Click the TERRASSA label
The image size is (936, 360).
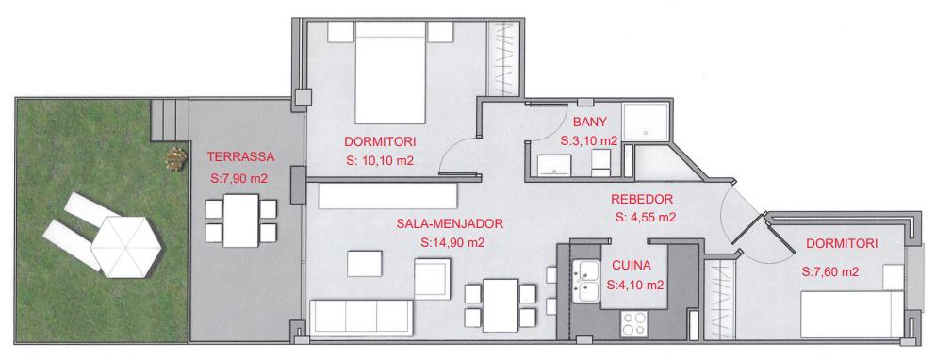240,157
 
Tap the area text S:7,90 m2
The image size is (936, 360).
238,178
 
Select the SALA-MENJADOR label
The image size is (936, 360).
451,224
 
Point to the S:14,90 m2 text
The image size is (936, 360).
452,243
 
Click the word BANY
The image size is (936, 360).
590,123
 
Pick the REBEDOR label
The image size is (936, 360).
642,199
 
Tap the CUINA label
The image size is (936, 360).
632,266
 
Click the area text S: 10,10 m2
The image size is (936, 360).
380,161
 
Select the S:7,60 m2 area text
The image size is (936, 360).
831,272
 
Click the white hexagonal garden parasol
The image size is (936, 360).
126,246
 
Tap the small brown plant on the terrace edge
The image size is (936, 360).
175,159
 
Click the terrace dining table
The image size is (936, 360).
240,221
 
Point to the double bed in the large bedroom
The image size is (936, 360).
391,73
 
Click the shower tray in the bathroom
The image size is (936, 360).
645,122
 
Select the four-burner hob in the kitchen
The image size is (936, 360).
632,325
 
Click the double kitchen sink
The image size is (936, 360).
586,281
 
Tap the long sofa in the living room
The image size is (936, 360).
361,317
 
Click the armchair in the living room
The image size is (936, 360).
432,278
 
